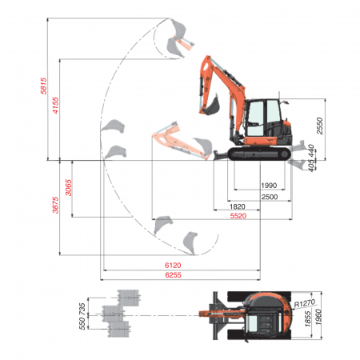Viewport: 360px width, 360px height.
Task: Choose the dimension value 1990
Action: click(x=269, y=186)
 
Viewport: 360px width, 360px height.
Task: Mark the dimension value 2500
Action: click(x=269, y=197)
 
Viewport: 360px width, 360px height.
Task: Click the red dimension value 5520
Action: click(x=238, y=217)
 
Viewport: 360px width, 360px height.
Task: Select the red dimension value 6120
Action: click(x=174, y=266)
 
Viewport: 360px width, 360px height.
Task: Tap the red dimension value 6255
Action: click(x=174, y=276)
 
